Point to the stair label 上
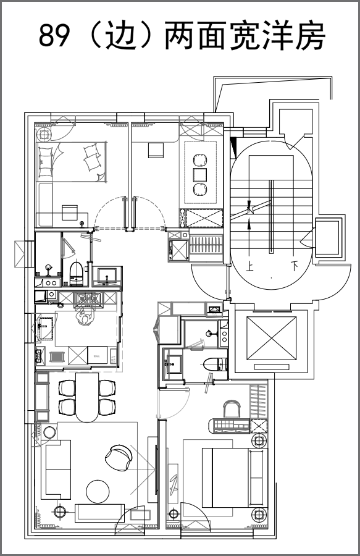[251, 266]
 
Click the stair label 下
[295, 266]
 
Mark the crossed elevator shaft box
[271, 338]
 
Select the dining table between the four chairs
[87, 397]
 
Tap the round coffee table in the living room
[98, 491]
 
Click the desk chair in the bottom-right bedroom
[232, 409]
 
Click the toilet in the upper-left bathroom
[76, 274]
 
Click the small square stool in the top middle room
[156, 150]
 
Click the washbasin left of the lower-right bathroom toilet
[174, 364]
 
